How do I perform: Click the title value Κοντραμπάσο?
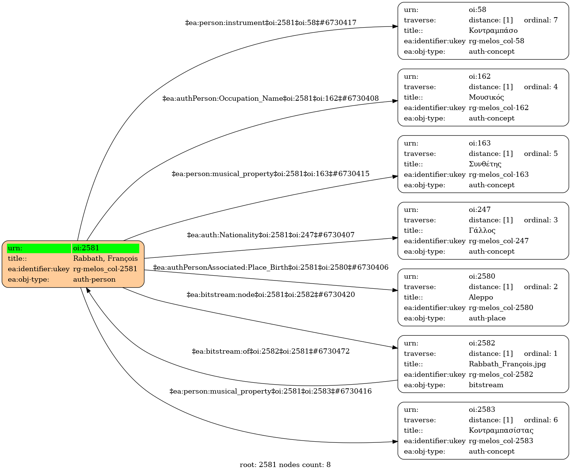493,31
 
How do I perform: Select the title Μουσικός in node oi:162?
486,97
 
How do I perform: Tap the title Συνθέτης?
485,164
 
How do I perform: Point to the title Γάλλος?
482,231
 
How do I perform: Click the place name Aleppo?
481,297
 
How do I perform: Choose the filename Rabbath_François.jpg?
507,364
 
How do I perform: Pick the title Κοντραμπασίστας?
501,430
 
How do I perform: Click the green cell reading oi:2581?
106,248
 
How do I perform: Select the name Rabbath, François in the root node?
106,259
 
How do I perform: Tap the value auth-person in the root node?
94,279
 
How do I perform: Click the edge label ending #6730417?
271,23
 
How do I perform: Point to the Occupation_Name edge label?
271,98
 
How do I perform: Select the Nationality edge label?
271,235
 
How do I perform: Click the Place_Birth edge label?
271,267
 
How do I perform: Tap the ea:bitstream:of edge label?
271,351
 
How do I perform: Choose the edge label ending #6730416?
271,391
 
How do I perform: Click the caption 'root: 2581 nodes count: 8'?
285,465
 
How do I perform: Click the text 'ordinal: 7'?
541,20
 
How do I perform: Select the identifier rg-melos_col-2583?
501,441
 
